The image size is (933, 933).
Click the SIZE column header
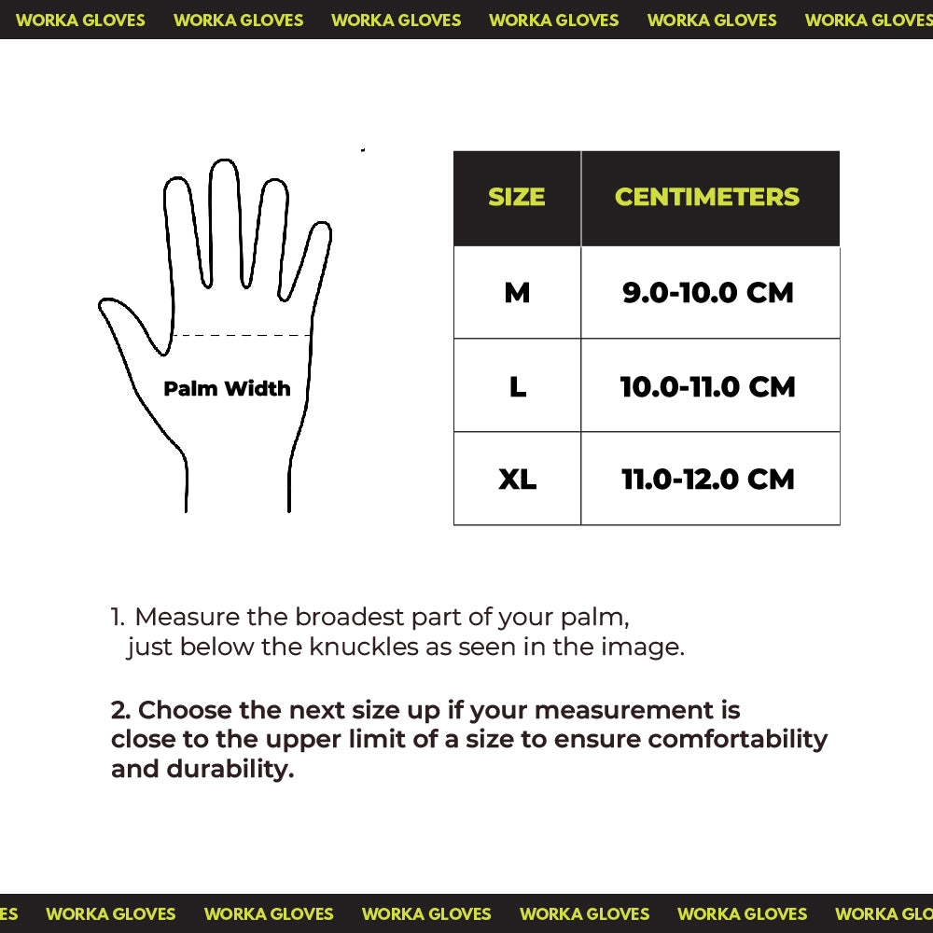pos(516,197)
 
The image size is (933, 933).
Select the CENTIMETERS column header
pos(707,197)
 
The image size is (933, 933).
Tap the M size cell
pos(517,293)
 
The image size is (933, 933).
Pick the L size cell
pos(518,386)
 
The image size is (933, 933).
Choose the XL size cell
pos(517,480)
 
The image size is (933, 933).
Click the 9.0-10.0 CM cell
pos(708,293)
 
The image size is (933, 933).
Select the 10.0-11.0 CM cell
pos(708,386)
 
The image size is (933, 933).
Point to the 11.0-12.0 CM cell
pos(708,480)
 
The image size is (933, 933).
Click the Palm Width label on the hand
pos(227,388)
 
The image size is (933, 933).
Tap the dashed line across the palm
pos(243,335)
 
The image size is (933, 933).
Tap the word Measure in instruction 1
pos(188,617)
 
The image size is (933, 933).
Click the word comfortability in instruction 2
pos(738,739)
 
